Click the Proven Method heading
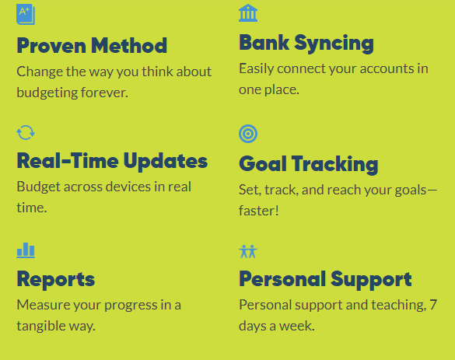(x=92, y=45)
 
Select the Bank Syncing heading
(x=306, y=43)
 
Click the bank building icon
(x=248, y=12)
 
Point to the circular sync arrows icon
(x=26, y=132)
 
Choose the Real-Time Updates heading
(x=112, y=161)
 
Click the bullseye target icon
(x=248, y=134)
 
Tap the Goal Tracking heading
(x=308, y=164)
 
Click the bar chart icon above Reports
(x=26, y=250)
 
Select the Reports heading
(x=56, y=278)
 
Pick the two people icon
(x=248, y=251)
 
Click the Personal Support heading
(x=325, y=278)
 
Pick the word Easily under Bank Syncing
(x=257, y=68)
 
